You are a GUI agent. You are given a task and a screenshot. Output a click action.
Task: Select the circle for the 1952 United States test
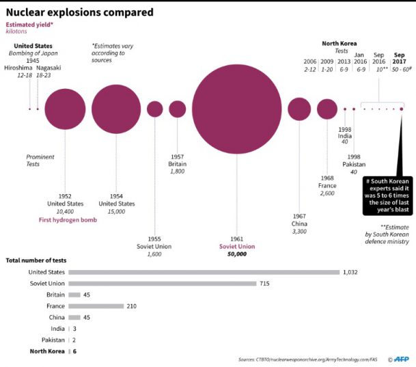(66, 109)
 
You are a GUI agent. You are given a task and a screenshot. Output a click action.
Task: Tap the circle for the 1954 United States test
(115, 109)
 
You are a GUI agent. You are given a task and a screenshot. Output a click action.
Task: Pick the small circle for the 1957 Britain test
(178, 109)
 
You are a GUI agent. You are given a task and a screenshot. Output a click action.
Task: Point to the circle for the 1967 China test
(299, 109)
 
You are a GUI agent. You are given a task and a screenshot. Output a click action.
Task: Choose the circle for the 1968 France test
(327, 109)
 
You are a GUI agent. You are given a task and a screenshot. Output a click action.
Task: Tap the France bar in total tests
(96, 306)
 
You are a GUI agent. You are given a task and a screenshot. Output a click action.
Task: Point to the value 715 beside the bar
(265, 284)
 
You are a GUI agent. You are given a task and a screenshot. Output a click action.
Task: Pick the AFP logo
(402, 359)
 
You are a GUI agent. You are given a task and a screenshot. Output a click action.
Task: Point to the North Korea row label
(47, 351)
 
